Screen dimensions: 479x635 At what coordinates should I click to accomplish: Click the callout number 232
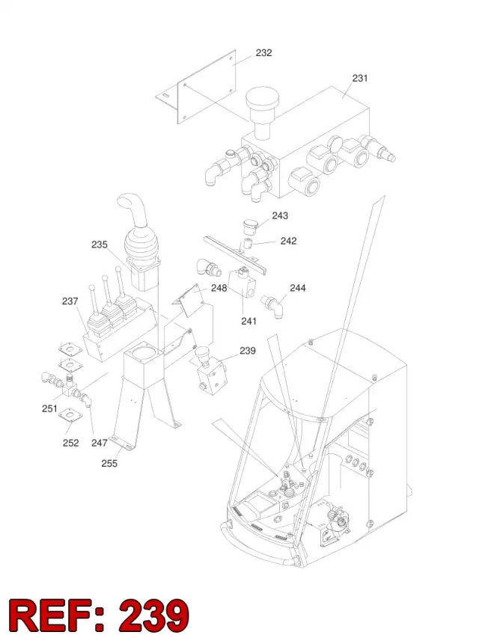tap(263, 53)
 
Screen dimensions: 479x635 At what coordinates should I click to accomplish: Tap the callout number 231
tap(360, 79)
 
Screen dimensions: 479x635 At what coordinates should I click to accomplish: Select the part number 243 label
tap(280, 216)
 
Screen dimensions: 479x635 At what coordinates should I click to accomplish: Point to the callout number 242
tap(289, 241)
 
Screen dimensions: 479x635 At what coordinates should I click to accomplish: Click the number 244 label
tap(298, 288)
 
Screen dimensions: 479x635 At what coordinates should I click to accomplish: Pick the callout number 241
tap(248, 321)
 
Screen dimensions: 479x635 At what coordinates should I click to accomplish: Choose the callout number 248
tap(219, 288)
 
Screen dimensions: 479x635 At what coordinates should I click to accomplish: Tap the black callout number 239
tap(248, 351)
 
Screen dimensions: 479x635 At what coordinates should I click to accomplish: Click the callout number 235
tap(100, 245)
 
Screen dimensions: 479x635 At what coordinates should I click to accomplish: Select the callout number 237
tap(70, 301)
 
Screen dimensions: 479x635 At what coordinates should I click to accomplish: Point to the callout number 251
tap(49, 409)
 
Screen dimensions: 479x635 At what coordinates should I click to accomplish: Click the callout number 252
tap(70, 443)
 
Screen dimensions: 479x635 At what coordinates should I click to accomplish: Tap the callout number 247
tap(100, 443)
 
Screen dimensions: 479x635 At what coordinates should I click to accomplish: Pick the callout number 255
tap(109, 463)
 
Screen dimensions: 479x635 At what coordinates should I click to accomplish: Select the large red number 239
tap(154, 615)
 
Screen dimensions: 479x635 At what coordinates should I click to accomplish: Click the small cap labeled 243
tap(250, 227)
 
